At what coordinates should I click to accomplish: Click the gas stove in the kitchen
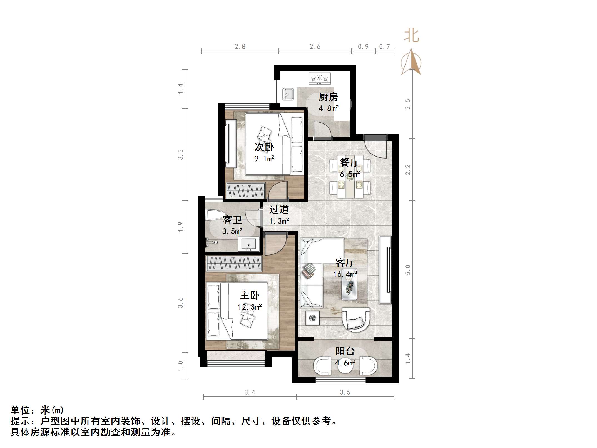(x=320, y=78)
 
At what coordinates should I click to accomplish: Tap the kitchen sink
(x=288, y=94)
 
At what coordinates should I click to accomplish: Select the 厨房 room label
(x=328, y=97)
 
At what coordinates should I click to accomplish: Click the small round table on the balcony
(x=345, y=367)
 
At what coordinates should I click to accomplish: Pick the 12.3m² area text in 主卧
(x=250, y=307)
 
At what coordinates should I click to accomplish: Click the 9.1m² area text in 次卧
(x=264, y=159)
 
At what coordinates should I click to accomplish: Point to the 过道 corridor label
(x=279, y=209)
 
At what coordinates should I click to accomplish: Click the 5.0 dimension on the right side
(x=408, y=270)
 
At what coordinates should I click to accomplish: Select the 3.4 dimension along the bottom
(x=250, y=392)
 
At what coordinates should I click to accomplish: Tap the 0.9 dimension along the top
(x=363, y=47)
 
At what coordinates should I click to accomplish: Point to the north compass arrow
(x=411, y=62)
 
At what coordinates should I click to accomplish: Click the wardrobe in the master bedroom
(x=234, y=263)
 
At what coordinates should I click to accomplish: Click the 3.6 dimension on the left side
(x=180, y=303)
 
